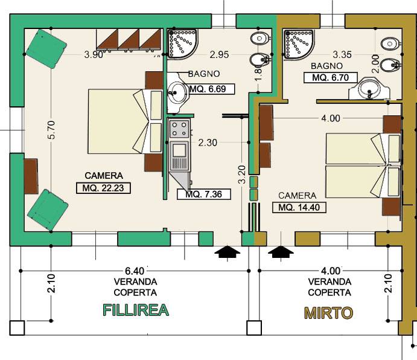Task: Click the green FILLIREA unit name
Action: (x=136, y=310)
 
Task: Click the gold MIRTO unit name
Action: (x=329, y=313)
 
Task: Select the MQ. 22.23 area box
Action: (x=103, y=188)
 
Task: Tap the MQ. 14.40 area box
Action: (x=299, y=207)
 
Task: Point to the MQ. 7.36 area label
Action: (x=204, y=194)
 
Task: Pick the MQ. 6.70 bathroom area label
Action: (x=331, y=77)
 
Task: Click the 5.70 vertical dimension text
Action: (x=51, y=130)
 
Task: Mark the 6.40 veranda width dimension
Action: (x=135, y=271)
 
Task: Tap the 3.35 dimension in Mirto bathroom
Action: (x=342, y=54)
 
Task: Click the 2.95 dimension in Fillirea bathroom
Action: (x=219, y=54)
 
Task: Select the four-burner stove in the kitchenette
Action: (x=179, y=129)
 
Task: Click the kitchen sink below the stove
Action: (x=179, y=156)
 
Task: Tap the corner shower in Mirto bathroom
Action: (x=299, y=44)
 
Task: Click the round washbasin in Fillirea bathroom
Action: (x=176, y=92)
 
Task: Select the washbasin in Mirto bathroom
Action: (x=369, y=89)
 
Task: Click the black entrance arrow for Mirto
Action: (x=281, y=252)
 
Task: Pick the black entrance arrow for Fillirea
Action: (x=228, y=252)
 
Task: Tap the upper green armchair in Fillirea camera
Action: (x=46, y=49)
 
